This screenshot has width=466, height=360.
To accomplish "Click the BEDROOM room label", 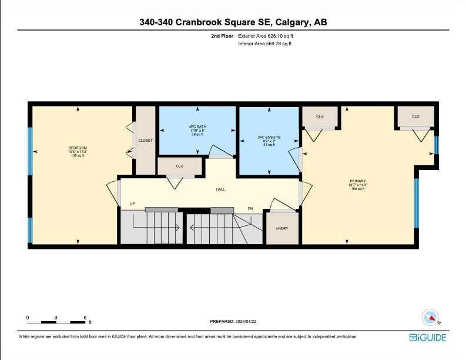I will click(x=78, y=147).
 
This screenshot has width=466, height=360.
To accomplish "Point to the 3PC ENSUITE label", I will click(x=269, y=137).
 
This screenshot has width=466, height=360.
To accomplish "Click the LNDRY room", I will click(x=282, y=228).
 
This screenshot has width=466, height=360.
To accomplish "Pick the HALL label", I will click(x=220, y=189).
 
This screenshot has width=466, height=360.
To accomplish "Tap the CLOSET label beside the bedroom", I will click(x=145, y=141).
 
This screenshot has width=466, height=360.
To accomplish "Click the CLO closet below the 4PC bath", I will click(x=180, y=166).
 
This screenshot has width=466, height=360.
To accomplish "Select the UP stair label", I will click(x=133, y=204).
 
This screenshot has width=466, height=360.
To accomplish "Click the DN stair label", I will click(x=250, y=209).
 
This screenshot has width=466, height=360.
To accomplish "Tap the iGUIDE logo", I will click(x=428, y=337).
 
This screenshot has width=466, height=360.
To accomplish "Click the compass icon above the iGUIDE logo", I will click(x=431, y=317).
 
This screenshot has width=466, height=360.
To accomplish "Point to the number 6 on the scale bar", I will click(x=85, y=318).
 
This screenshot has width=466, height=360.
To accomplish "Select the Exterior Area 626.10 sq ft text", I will click(x=265, y=36).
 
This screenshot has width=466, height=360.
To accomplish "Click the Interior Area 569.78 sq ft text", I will click(x=265, y=44).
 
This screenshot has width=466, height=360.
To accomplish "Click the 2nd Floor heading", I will click(x=223, y=36).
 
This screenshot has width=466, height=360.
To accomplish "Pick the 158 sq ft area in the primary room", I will click(x=358, y=189).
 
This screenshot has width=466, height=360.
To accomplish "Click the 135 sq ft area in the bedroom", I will click(x=78, y=155).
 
